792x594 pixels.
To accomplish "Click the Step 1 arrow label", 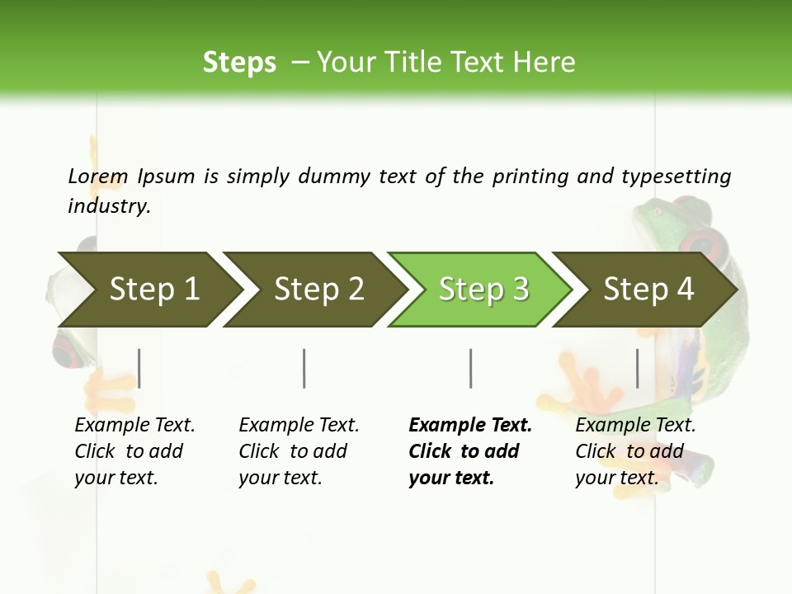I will point(154,289).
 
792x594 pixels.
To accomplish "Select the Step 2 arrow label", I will point(319,289).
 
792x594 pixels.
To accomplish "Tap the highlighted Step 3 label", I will point(483,289).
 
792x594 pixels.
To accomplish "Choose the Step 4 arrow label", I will point(648,289).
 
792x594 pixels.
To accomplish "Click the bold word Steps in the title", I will point(239,63).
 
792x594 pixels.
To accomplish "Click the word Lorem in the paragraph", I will point(98,176).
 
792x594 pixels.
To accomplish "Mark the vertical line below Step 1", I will point(139,368).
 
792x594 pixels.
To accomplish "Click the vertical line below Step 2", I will point(304,368).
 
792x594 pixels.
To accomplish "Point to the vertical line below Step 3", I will point(470,368).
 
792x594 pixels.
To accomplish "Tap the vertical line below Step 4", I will point(637,368).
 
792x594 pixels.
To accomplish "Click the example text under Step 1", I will point(134,451).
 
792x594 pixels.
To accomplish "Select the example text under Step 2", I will point(299,451).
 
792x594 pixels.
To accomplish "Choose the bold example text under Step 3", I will point(470,451).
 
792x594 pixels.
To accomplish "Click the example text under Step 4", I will point(635,451).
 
